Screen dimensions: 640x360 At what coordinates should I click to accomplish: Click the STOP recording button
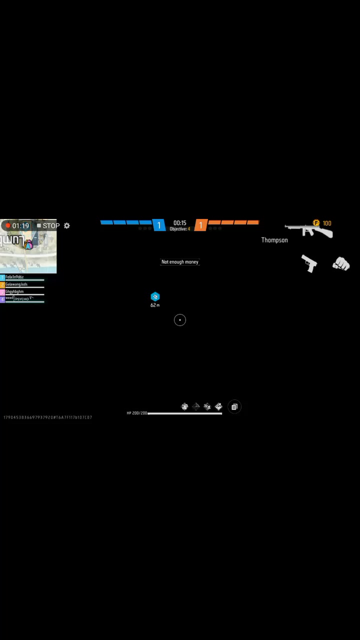(x=48, y=225)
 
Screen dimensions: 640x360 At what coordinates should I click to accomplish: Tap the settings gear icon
(x=67, y=225)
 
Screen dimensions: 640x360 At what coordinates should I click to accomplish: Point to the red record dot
(x=7, y=225)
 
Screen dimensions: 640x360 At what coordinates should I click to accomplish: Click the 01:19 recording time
(x=21, y=225)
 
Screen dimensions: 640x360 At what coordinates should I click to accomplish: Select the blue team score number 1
(x=159, y=225)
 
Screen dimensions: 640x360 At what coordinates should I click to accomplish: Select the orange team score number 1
(x=200, y=225)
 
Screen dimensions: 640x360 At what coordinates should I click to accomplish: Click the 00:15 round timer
(x=180, y=222)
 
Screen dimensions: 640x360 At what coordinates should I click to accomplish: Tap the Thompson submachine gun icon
(x=308, y=230)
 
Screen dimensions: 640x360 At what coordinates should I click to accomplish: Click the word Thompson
(x=274, y=240)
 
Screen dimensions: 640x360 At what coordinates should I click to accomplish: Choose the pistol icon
(x=309, y=263)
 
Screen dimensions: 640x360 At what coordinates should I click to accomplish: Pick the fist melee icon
(x=341, y=263)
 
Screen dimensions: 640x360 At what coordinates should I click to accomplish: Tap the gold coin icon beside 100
(x=316, y=223)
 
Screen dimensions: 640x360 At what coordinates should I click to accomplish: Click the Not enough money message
(x=180, y=261)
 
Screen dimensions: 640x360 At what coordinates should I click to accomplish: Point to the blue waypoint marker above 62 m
(x=155, y=297)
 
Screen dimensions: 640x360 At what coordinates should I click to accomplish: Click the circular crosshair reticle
(x=180, y=320)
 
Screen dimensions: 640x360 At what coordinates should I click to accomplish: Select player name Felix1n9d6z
(x=14, y=277)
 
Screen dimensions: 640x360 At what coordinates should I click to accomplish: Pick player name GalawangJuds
(x=16, y=284)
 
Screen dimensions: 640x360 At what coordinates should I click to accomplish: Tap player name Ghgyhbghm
(x=14, y=291)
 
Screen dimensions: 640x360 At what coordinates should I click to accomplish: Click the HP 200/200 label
(x=136, y=413)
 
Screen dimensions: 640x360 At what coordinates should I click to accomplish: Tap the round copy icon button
(x=234, y=407)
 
